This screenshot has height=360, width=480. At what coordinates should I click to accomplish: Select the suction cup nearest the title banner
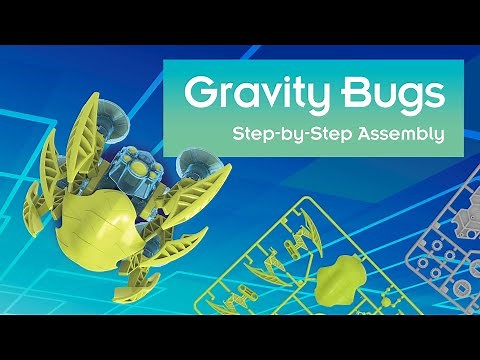[x=191, y=163]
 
